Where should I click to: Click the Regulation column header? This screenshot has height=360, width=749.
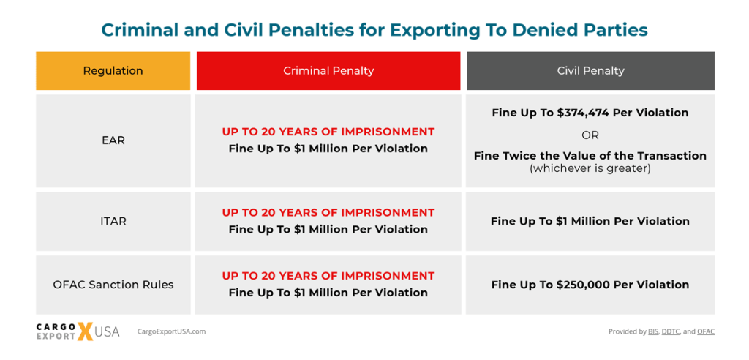113,71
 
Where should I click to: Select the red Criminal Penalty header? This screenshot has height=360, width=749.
328,71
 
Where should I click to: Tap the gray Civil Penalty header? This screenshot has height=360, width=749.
590,71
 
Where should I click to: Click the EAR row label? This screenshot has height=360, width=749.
113,140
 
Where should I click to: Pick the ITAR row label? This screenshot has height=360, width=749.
113,221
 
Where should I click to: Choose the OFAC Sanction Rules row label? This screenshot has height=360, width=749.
113,285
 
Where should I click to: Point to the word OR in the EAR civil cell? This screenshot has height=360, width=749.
590,135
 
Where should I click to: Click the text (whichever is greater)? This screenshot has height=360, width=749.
590,168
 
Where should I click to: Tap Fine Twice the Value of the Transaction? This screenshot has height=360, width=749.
590,155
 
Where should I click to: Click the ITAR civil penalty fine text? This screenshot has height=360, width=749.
590,221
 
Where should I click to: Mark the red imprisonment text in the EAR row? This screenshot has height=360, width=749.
328,132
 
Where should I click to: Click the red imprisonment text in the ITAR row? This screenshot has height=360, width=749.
328,212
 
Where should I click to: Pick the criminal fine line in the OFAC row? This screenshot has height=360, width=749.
328,293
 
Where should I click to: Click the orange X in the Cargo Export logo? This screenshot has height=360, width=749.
86,331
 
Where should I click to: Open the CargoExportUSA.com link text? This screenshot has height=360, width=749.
171,331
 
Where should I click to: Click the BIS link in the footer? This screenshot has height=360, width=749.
653,331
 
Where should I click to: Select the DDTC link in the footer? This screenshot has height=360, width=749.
671,331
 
